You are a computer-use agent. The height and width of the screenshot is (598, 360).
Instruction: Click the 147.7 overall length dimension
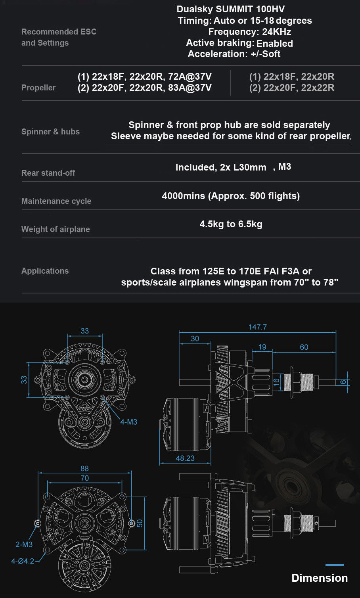[x=258, y=327]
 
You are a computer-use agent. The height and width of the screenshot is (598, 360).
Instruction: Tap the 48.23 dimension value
[x=185, y=458]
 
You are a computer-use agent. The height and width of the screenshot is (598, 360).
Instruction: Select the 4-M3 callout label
[x=128, y=422]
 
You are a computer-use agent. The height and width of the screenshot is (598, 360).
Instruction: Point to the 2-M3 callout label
[x=24, y=544]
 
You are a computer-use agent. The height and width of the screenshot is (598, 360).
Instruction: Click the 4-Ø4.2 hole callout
[x=23, y=561]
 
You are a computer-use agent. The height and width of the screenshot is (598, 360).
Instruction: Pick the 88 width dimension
[x=84, y=468]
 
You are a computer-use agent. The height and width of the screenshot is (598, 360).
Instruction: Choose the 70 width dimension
[x=84, y=478]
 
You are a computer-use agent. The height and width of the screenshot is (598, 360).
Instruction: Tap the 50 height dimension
[x=140, y=523]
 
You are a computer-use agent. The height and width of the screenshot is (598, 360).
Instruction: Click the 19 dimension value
[x=262, y=347]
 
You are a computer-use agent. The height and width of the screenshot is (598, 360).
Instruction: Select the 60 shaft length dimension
[x=304, y=347]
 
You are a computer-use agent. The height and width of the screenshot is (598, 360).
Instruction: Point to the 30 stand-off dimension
[x=195, y=339]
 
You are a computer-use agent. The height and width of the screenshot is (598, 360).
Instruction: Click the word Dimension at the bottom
[x=320, y=578]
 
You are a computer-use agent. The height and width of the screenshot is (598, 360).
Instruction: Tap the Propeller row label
[x=38, y=88]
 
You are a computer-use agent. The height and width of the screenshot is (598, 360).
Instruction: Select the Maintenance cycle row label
[x=56, y=201]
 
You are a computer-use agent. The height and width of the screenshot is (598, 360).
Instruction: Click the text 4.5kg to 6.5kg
[x=231, y=224]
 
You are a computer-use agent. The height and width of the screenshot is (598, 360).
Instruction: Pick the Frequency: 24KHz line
[x=250, y=32]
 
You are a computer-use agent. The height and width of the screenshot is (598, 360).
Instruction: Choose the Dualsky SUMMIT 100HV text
[x=231, y=9]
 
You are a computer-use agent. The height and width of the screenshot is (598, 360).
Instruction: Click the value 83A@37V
[x=190, y=88]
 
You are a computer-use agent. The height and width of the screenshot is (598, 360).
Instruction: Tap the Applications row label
[x=45, y=271]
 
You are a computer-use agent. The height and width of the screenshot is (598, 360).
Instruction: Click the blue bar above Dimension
[x=335, y=565]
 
